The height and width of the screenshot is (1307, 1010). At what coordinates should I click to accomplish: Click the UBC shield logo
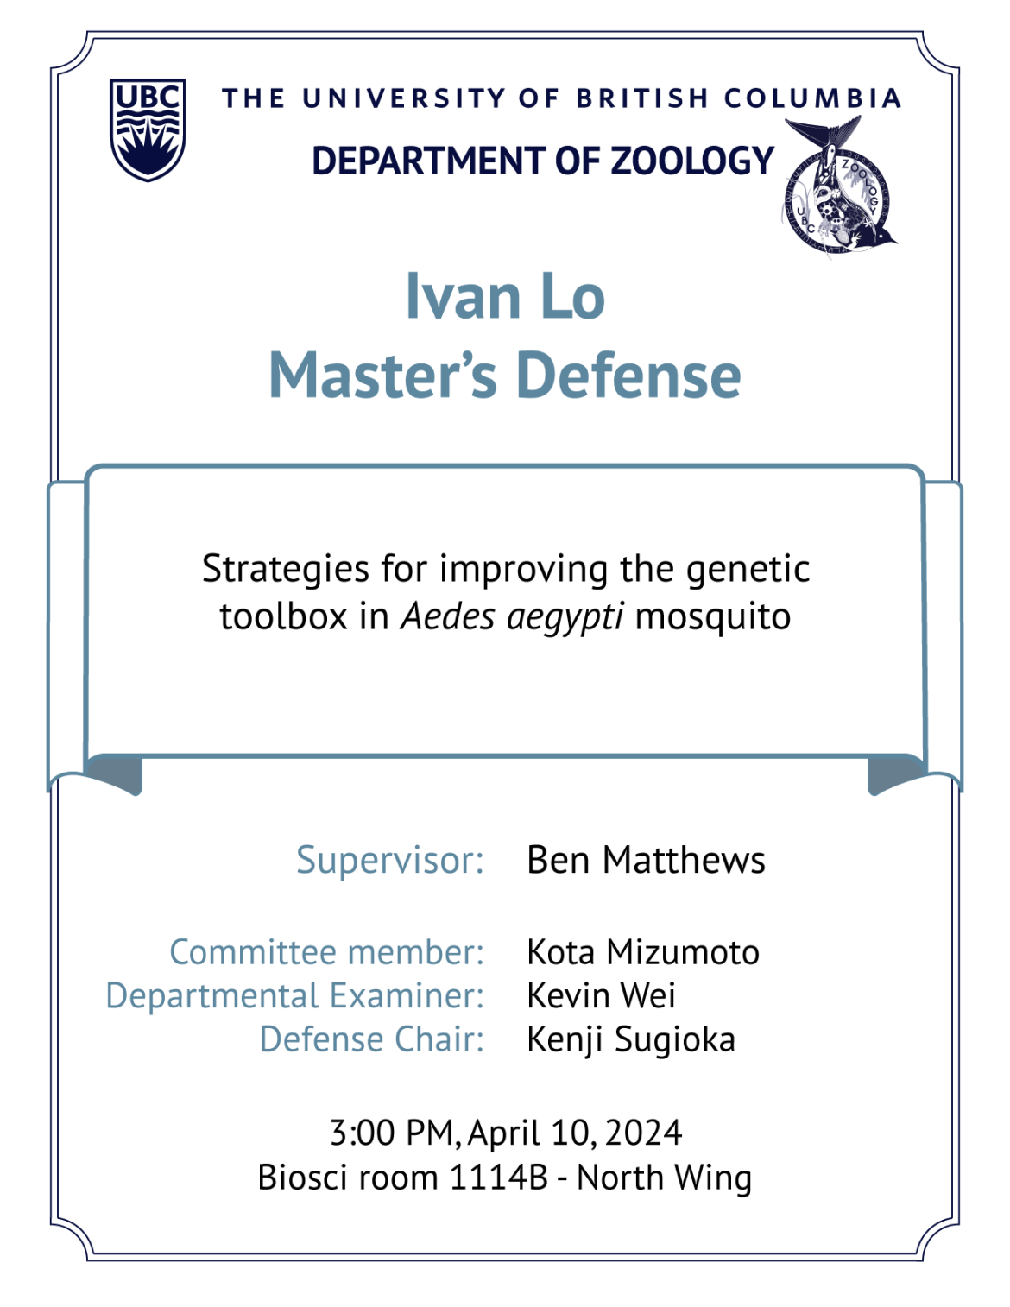[x=148, y=129]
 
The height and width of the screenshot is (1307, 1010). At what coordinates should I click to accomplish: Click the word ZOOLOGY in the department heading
[x=692, y=161]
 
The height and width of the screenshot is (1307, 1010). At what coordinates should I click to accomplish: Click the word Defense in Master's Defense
[x=628, y=376]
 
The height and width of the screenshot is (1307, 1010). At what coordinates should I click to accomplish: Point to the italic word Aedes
[x=447, y=616]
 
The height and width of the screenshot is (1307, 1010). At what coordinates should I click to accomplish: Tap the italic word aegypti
[x=565, y=618]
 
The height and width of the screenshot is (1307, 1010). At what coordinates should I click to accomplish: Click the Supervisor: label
[x=390, y=860]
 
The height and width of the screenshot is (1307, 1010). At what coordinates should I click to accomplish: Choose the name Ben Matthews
[x=646, y=860]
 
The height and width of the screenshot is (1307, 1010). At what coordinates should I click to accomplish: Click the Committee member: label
[x=327, y=952]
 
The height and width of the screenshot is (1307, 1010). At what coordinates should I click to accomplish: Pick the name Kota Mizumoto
[x=642, y=952]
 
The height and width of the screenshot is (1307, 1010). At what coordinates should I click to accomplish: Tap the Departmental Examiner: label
[x=295, y=996]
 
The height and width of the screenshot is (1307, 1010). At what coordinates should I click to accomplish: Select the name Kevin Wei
[x=601, y=995]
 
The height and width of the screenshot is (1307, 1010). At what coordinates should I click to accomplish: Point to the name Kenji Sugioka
[x=631, y=1040]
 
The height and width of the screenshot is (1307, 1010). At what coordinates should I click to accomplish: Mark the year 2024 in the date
[x=643, y=1133]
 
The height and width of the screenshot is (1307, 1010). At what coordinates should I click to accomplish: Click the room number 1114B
[x=499, y=1178]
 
